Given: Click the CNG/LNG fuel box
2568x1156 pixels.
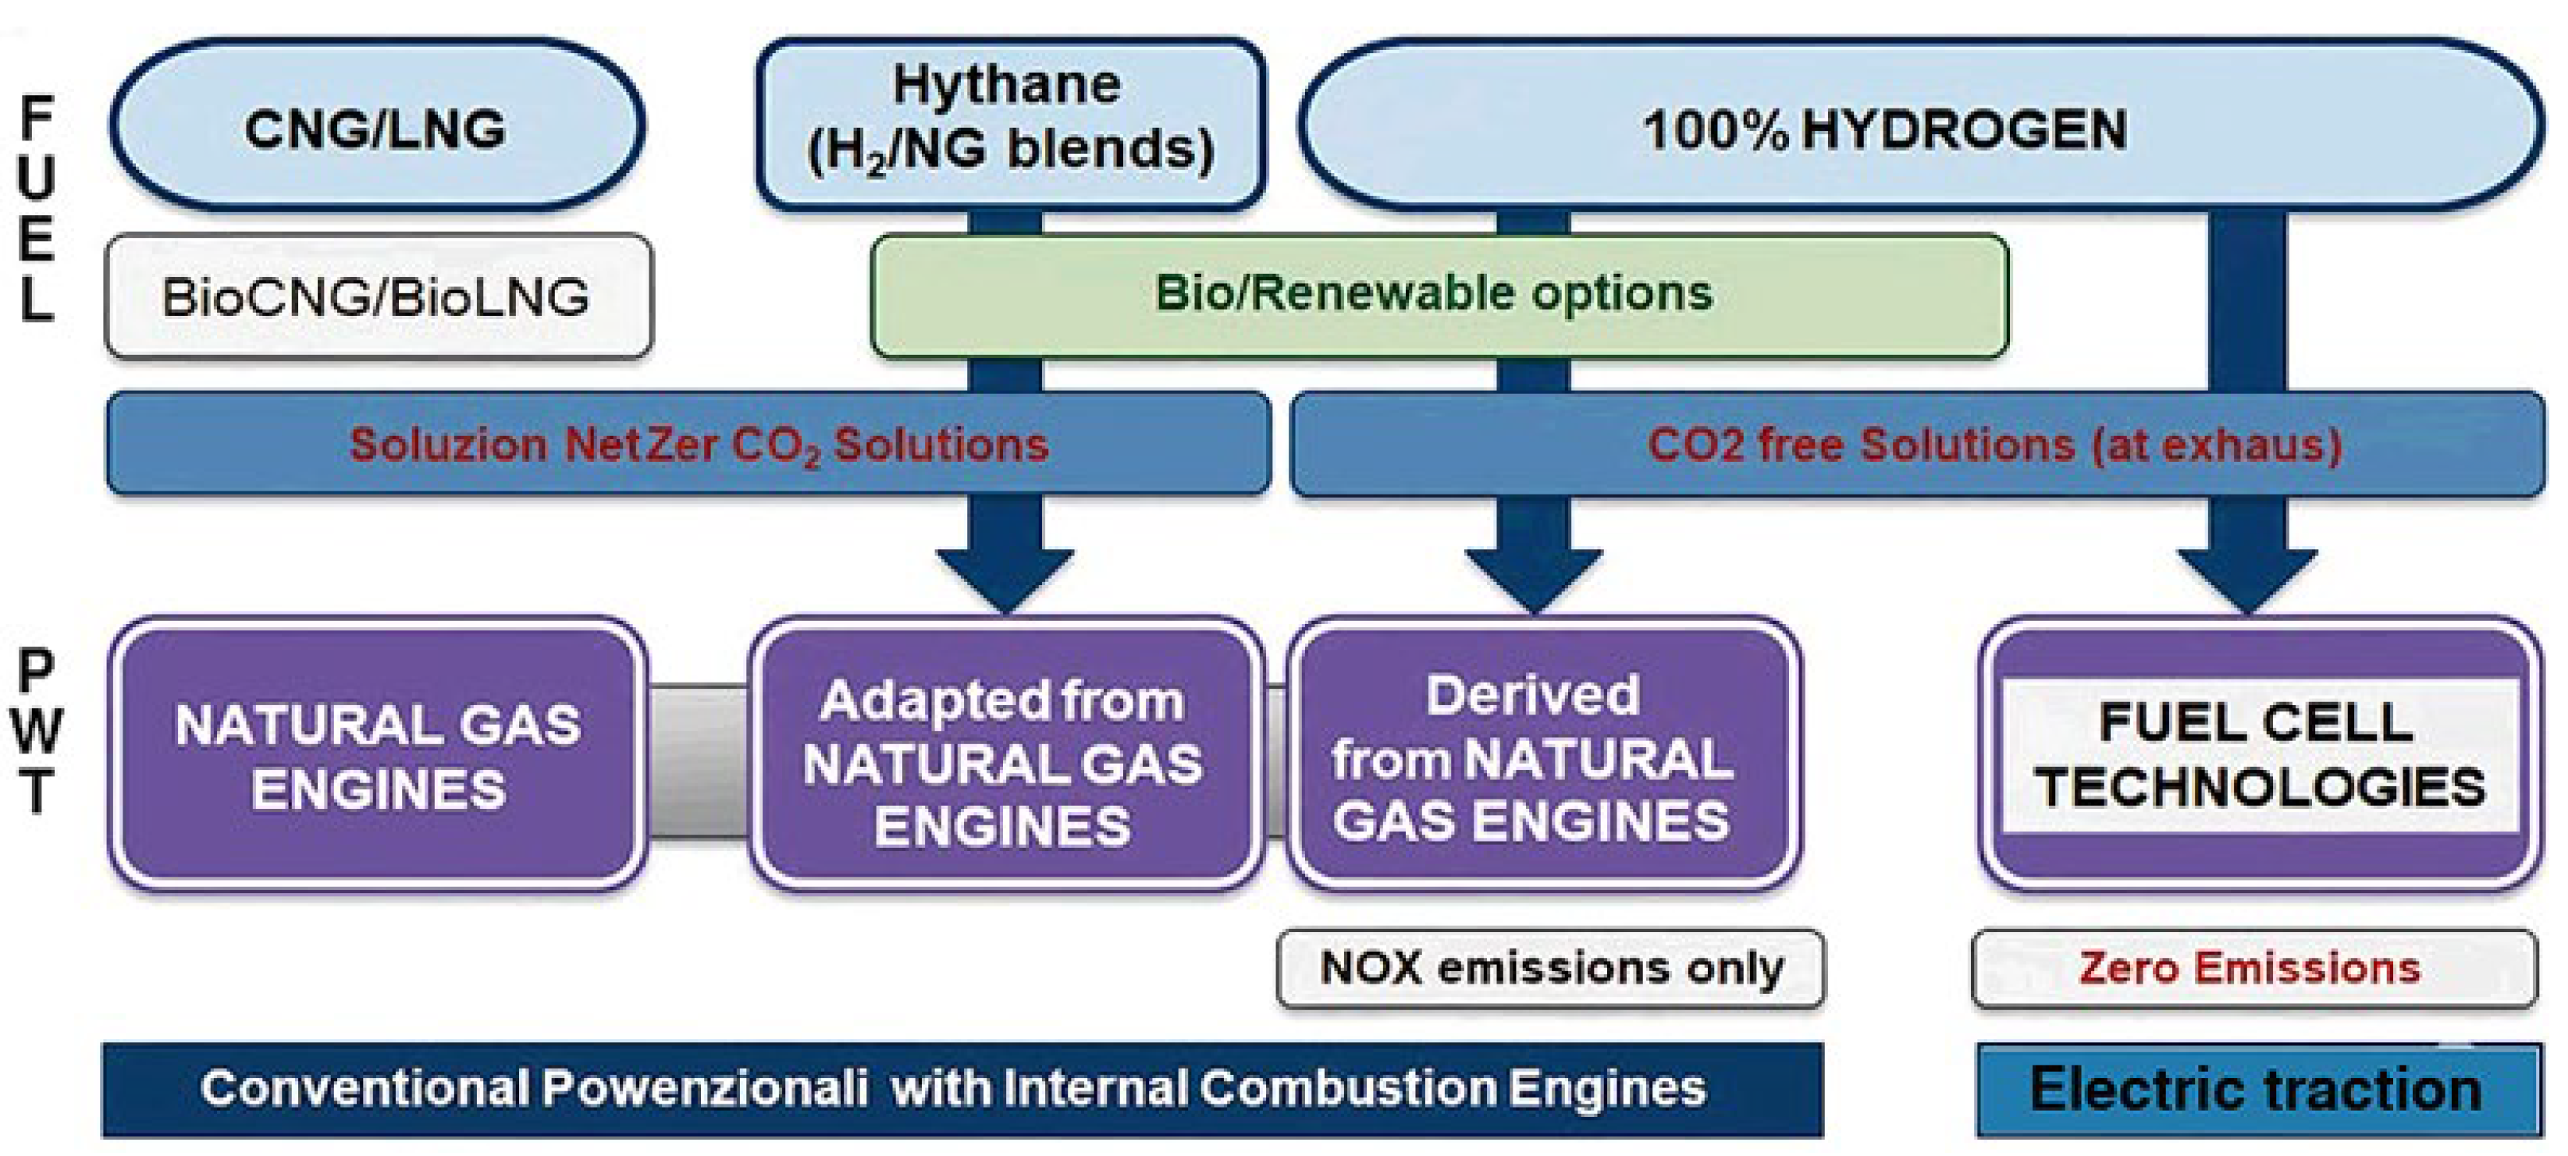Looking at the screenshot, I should (377, 126).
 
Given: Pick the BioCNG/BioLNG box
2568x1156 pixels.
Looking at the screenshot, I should (379, 296).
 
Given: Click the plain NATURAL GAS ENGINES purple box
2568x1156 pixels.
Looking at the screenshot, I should (377, 754).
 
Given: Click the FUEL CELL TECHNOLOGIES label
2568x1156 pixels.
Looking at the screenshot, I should (2259, 754).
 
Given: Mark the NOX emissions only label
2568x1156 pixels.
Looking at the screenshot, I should (1550, 969).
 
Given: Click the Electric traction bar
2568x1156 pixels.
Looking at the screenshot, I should (2258, 1089).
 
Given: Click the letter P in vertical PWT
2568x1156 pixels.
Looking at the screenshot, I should (36, 671).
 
